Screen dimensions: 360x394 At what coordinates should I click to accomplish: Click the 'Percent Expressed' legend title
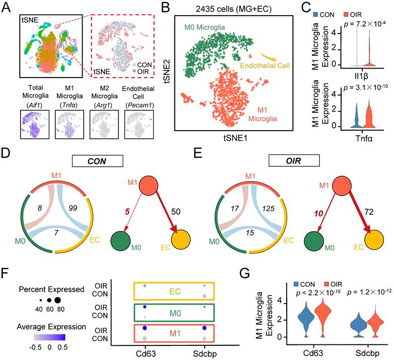click(x=42, y=291)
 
